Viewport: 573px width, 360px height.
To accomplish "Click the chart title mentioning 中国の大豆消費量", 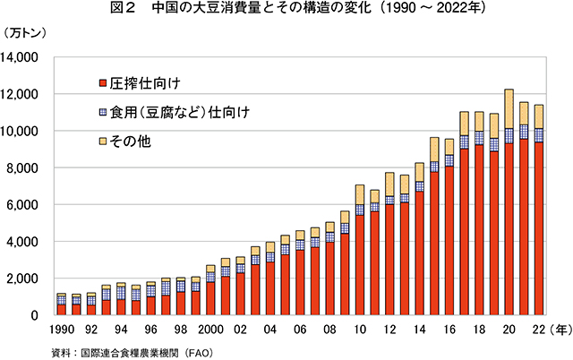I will pyautogui.click(x=286, y=12).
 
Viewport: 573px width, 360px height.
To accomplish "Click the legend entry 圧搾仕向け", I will pyautogui.click(x=147, y=85).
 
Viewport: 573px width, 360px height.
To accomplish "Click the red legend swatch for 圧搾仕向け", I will pyautogui.click(x=103, y=85).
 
